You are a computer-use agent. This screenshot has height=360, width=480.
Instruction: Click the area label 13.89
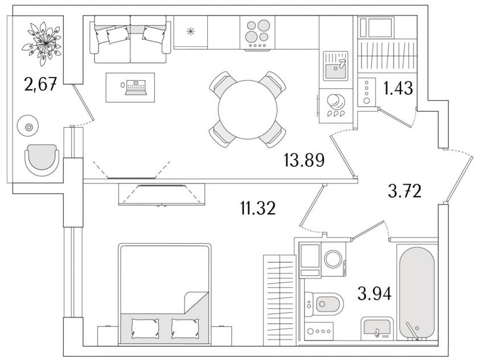[x=304, y=160]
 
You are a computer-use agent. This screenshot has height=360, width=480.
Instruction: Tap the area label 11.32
[x=258, y=208]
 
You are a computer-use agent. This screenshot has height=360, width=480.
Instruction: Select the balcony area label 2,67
[x=40, y=84]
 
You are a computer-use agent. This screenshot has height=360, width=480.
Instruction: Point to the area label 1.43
[x=398, y=88]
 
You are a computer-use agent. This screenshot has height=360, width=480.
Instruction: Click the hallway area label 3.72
[x=404, y=191]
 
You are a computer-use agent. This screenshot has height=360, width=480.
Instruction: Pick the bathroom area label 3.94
[x=375, y=293]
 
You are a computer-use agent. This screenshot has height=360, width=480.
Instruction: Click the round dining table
[x=247, y=109]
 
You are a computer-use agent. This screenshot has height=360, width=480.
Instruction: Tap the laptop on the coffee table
[x=136, y=87]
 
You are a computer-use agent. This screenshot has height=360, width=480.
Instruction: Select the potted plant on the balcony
[x=42, y=43]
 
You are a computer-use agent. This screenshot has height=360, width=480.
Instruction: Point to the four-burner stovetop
[x=257, y=33]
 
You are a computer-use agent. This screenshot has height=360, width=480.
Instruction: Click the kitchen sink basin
[x=335, y=71]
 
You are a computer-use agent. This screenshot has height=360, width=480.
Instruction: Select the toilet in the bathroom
[x=324, y=304]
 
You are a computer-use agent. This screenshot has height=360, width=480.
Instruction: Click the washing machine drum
[x=333, y=259]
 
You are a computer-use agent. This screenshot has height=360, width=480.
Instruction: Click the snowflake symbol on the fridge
[x=191, y=31]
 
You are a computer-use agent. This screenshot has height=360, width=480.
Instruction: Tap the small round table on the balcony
[x=28, y=126]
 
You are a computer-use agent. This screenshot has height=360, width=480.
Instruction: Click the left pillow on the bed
[x=145, y=329]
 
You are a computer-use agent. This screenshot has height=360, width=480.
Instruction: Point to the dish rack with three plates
[x=335, y=114]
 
